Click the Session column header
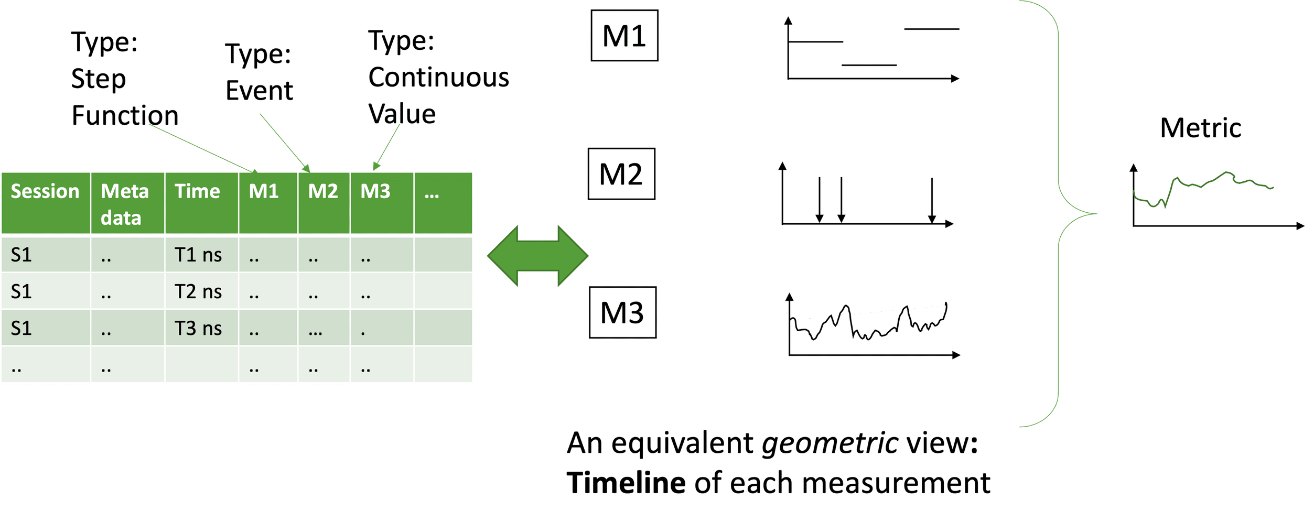(45, 192)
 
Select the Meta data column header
(125, 204)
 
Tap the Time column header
(197, 192)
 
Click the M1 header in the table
(264, 192)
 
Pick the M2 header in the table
(323, 192)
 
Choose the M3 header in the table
(375, 192)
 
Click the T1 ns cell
(198, 255)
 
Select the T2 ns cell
(198, 292)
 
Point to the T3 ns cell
(198, 329)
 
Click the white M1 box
(624, 36)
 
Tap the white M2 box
(621, 174)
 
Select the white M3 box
(622, 313)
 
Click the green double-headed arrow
(538, 256)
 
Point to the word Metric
(1201, 128)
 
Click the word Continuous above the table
(438, 78)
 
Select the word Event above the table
(260, 91)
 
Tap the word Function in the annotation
(125, 116)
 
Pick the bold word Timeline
(626, 483)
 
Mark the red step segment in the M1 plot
(869, 66)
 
